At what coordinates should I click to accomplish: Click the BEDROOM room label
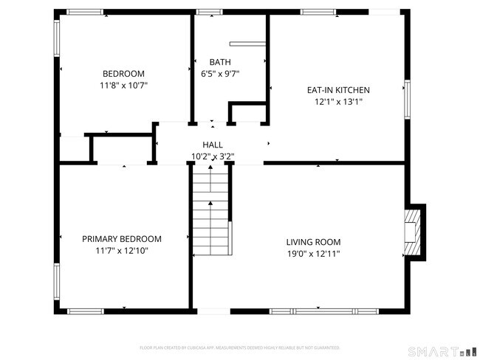[x=123, y=74]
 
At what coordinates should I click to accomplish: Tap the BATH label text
[x=220, y=62]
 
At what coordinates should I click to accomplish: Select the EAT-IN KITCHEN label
[x=338, y=90]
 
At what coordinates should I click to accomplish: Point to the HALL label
[x=213, y=145]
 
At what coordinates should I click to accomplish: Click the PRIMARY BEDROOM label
[x=122, y=239]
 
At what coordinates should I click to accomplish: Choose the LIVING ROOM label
[x=313, y=242]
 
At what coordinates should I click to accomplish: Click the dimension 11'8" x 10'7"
[x=123, y=85]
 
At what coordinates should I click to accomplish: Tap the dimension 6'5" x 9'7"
[x=220, y=73]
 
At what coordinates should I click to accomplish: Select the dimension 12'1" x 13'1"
[x=338, y=102]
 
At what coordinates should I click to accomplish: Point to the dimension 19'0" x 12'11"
[x=313, y=253]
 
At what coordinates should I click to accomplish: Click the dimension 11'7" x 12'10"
[x=122, y=251]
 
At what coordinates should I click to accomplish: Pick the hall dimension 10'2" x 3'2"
[x=213, y=156]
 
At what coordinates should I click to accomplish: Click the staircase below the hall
[x=212, y=210]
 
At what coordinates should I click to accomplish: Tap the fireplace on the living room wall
[x=413, y=232]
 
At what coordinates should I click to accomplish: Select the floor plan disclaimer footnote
[x=240, y=347]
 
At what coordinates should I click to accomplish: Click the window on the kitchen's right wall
[x=406, y=99]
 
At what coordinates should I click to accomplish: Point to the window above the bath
[x=209, y=12]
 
